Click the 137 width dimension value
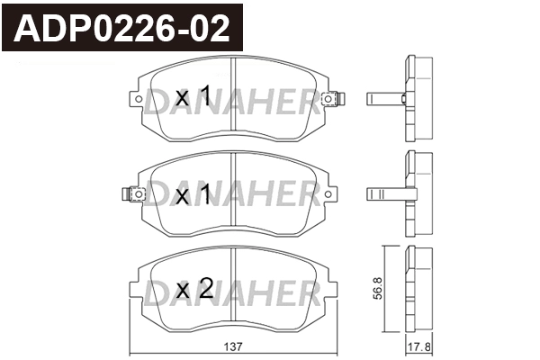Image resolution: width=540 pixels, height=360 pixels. click(x=235, y=346)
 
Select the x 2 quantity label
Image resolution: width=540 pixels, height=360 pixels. click(x=193, y=289)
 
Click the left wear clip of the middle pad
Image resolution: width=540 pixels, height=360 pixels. click(x=133, y=193)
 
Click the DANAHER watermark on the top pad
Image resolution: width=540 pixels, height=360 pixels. click(x=233, y=106)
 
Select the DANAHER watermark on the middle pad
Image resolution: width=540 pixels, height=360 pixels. click(x=233, y=194)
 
